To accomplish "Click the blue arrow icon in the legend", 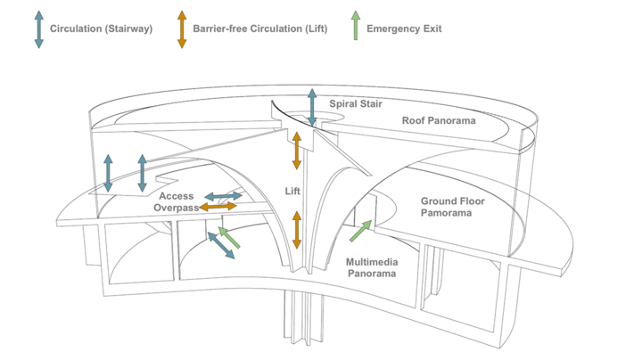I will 38,29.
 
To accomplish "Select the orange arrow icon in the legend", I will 182,29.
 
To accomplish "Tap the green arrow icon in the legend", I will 356,26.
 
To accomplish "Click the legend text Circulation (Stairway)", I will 101,29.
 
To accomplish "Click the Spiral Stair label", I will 356,104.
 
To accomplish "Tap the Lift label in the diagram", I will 293,191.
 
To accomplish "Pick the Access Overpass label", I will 176,201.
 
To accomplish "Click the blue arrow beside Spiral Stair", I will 312,108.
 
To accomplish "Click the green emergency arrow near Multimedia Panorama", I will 360,231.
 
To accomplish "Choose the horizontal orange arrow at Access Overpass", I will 218,207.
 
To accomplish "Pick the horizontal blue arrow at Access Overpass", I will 224,195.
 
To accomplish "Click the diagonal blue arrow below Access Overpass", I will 221,245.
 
